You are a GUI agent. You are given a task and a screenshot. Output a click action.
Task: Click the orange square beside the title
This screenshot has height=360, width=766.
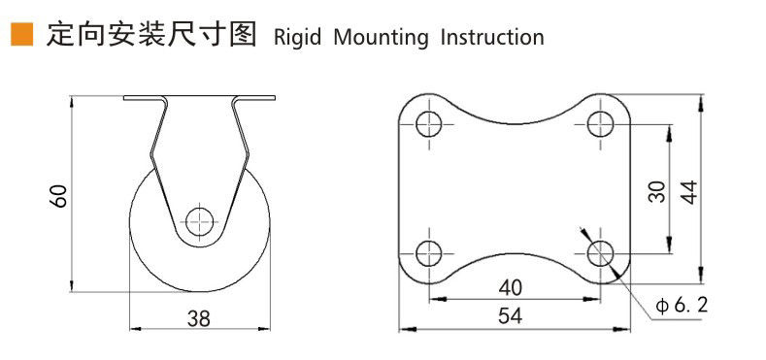22,34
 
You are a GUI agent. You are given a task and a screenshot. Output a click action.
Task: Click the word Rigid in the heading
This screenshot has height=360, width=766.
297,38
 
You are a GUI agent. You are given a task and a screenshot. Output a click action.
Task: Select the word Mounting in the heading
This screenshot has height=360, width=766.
381,38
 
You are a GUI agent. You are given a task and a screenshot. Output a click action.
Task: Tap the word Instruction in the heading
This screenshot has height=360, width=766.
492,37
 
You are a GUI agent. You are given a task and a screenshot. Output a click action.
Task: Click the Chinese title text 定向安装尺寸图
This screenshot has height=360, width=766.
151,35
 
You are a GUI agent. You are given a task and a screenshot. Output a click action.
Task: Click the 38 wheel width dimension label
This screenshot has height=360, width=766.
199,318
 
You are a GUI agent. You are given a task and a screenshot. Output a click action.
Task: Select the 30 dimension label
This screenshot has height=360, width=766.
656,191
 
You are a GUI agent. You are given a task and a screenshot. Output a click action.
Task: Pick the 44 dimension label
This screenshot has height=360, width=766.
689,191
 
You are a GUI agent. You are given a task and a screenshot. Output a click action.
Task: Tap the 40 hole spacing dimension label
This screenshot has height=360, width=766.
511,288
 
